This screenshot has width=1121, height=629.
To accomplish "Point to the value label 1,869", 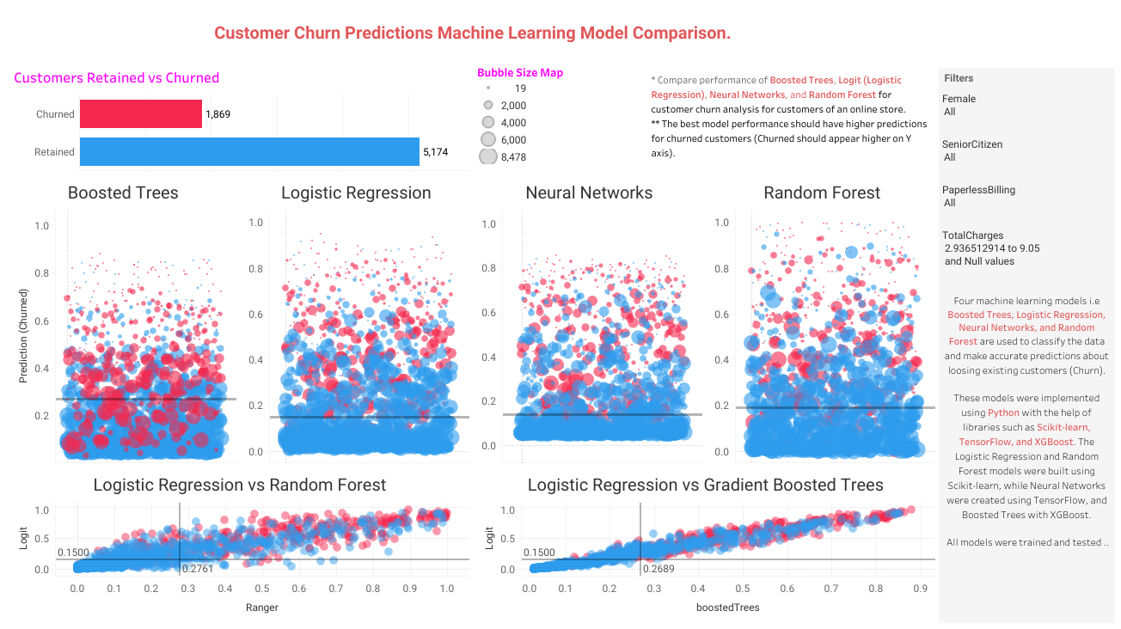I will click(217, 113).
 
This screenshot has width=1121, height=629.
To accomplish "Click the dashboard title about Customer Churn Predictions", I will click(472, 34).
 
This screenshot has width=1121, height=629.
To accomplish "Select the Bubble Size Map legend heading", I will click(520, 73).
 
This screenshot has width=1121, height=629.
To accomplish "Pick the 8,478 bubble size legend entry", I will click(514, 156).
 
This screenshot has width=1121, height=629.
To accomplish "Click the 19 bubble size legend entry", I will click(519, 89).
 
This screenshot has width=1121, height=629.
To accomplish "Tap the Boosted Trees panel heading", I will click(123, 192).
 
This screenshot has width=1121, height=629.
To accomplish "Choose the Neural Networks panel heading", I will click(589, 192).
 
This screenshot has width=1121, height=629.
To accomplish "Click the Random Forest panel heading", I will click(822, 192).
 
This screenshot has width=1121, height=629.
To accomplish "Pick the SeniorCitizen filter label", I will click(972, 144).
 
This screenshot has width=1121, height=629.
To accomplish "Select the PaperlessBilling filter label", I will click(978, 190).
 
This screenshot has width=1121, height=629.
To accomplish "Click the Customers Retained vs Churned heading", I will click(117, 78).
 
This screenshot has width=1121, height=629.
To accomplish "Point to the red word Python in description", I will click(1003, 412).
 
